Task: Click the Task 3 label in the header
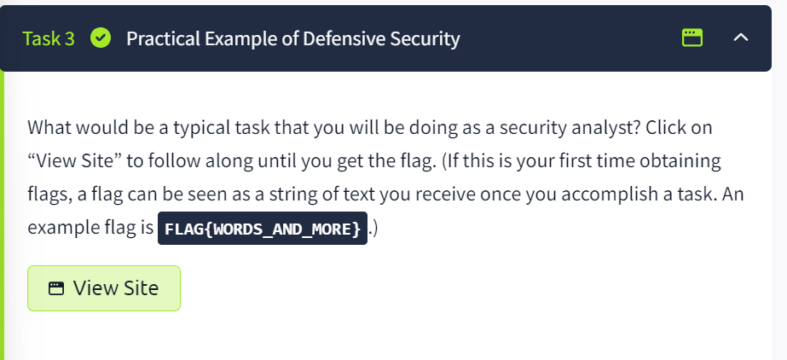(x=49, y=38)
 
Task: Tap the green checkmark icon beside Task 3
(x=101, y=38)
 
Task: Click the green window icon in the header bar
(x=692, y=38)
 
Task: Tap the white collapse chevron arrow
(x=741, y=38)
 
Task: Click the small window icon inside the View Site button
(x=56, y=288)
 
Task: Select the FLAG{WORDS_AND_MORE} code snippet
(x=263, y=229)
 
